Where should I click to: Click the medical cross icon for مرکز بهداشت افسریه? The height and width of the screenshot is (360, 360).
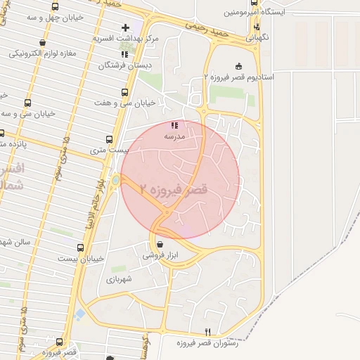tap(125, 28)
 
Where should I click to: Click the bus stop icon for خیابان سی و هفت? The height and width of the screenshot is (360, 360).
tap(124, 92)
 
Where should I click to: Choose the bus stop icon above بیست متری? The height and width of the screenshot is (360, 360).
tap(109, 139)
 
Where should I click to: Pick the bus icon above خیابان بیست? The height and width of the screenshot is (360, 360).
tap(81, 247)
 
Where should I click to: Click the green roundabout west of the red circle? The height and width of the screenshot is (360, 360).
tap(115, 181)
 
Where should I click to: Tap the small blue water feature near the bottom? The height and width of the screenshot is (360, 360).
tap(80, 313)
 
